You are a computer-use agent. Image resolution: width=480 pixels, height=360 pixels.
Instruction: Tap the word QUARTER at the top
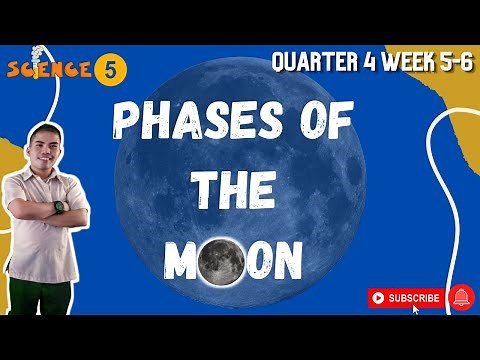pyautogui.click(x=311, y=63)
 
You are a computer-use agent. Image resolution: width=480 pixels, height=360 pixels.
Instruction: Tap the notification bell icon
pyautogui.click(x=461, y=297)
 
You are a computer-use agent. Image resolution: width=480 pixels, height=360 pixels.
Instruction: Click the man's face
pyautogui.click(x=45, y=152)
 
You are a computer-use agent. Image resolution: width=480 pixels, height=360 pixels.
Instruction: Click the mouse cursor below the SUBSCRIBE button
pyautogui.click(x=416, y=310)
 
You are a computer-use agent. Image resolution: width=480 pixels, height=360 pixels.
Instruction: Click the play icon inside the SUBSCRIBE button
pyautogui.click(x=378, y=297)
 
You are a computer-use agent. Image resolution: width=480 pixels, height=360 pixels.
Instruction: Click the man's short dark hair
pyautogui.click(x=44, y=132)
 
